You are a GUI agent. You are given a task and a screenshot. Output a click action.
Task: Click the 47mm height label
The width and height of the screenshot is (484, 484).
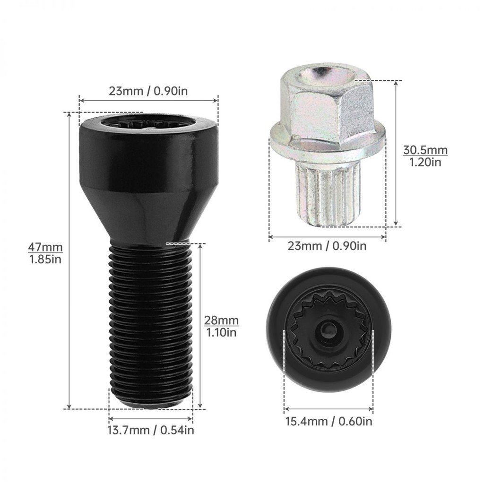(x=45, y=247)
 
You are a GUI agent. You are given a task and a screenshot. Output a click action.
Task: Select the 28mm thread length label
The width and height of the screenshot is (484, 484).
(x=221, y=320)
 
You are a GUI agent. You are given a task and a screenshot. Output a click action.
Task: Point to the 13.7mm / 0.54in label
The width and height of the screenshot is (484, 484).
(x=151, y=430)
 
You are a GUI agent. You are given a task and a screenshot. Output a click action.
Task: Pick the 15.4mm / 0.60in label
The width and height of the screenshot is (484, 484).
(x=328, y=421)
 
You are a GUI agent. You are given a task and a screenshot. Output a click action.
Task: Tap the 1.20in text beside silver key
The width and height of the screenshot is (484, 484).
(x=425, y=162)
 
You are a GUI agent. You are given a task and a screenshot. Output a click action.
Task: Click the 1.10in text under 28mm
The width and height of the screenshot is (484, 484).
(x=221, y=332)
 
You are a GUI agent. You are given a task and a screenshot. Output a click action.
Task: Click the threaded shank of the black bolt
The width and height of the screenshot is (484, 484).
(x=151, y=324)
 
